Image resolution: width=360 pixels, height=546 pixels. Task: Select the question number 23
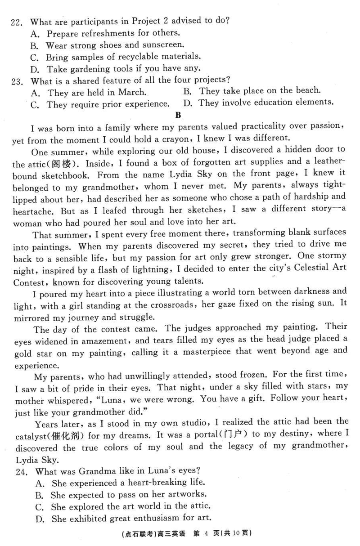point(17,81)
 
